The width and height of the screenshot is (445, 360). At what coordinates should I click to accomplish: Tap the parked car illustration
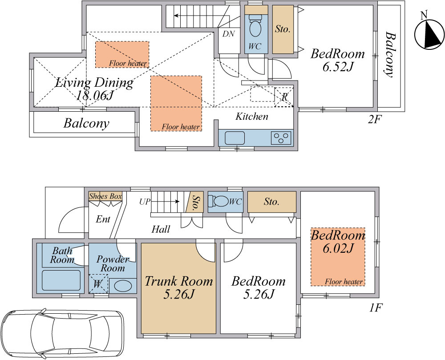(62, 334)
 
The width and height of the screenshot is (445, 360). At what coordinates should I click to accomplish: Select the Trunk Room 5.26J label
(179, 287)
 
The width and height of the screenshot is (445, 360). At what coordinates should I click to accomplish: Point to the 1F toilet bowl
(218, 202)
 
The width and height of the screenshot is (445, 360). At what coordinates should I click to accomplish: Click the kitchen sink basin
(235, 138)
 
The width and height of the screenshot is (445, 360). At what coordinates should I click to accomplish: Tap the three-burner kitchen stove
(281, 138)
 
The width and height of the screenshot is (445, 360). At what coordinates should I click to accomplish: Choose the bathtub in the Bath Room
(61, 280)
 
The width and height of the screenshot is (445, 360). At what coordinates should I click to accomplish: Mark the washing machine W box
(98, 284)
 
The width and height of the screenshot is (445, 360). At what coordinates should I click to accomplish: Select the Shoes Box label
(105, 196)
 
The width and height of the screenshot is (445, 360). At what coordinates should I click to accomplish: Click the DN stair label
(228, 34)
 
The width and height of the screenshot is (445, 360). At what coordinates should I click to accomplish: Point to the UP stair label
(145, 202)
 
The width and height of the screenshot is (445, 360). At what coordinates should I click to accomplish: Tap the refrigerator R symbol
(284, 97)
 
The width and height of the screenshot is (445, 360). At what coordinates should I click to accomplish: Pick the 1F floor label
(376, 307)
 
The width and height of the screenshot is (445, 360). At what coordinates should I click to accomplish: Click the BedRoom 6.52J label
(337, 60)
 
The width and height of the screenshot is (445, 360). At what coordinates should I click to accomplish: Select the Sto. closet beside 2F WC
(283, 29)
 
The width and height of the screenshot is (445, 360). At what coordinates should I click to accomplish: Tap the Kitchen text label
(252, 116)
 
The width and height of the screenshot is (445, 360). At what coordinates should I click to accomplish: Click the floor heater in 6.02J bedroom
(338, 257)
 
